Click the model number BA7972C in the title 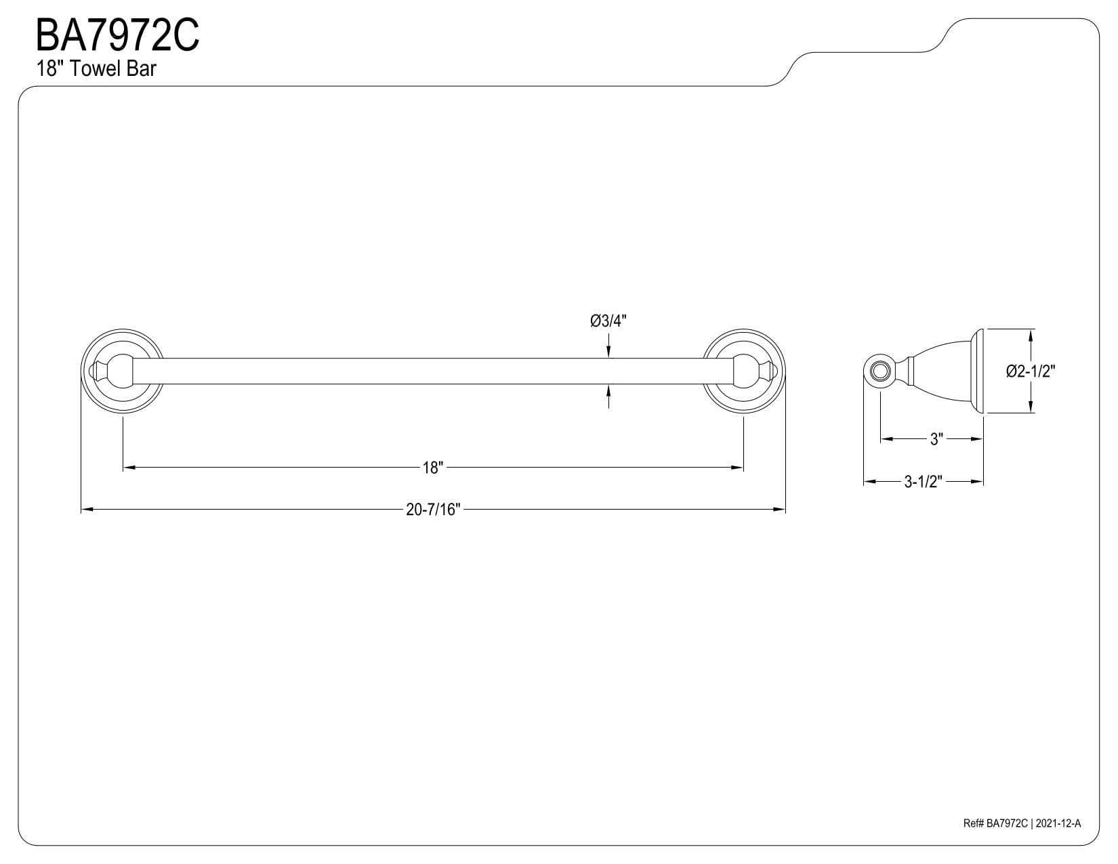click(x=117, y=35)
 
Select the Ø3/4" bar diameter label click(x=608, y=321)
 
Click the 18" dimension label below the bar click(x=433, y=468)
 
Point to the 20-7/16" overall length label click(x=433, y=510)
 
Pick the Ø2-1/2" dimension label click(x=1031, y=371)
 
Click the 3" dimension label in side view click(x=936, y=439)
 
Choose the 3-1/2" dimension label click(x=923, y=482)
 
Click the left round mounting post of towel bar click(x=123, y=371)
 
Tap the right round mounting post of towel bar click(x=743, y=371)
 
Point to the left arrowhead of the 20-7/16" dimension click(x=87, y=510)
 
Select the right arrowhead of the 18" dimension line click(x=737, y=468)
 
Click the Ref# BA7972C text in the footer click(x=995, y=838)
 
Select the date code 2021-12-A click(x=1058, y=838)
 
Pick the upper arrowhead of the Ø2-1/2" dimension click(x=1031, y=335)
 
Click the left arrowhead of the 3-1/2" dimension click(x=870, y=482)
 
